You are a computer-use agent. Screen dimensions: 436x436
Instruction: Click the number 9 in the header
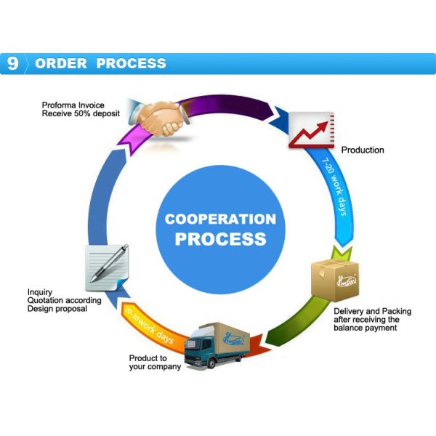click(12, 63)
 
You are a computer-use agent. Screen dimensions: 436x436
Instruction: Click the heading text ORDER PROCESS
click(100, 63)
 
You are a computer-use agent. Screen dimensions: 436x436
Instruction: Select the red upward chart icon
click(311, 130)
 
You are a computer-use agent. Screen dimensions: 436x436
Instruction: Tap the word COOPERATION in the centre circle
click(220, 219)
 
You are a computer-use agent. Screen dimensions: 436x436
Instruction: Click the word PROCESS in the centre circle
click(220, 238)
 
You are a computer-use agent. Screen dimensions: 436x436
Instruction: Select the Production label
click(363, 150)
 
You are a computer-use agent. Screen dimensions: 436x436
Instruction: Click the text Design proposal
click(57, 309)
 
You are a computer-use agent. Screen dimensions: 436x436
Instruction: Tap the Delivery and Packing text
click(372, 311)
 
